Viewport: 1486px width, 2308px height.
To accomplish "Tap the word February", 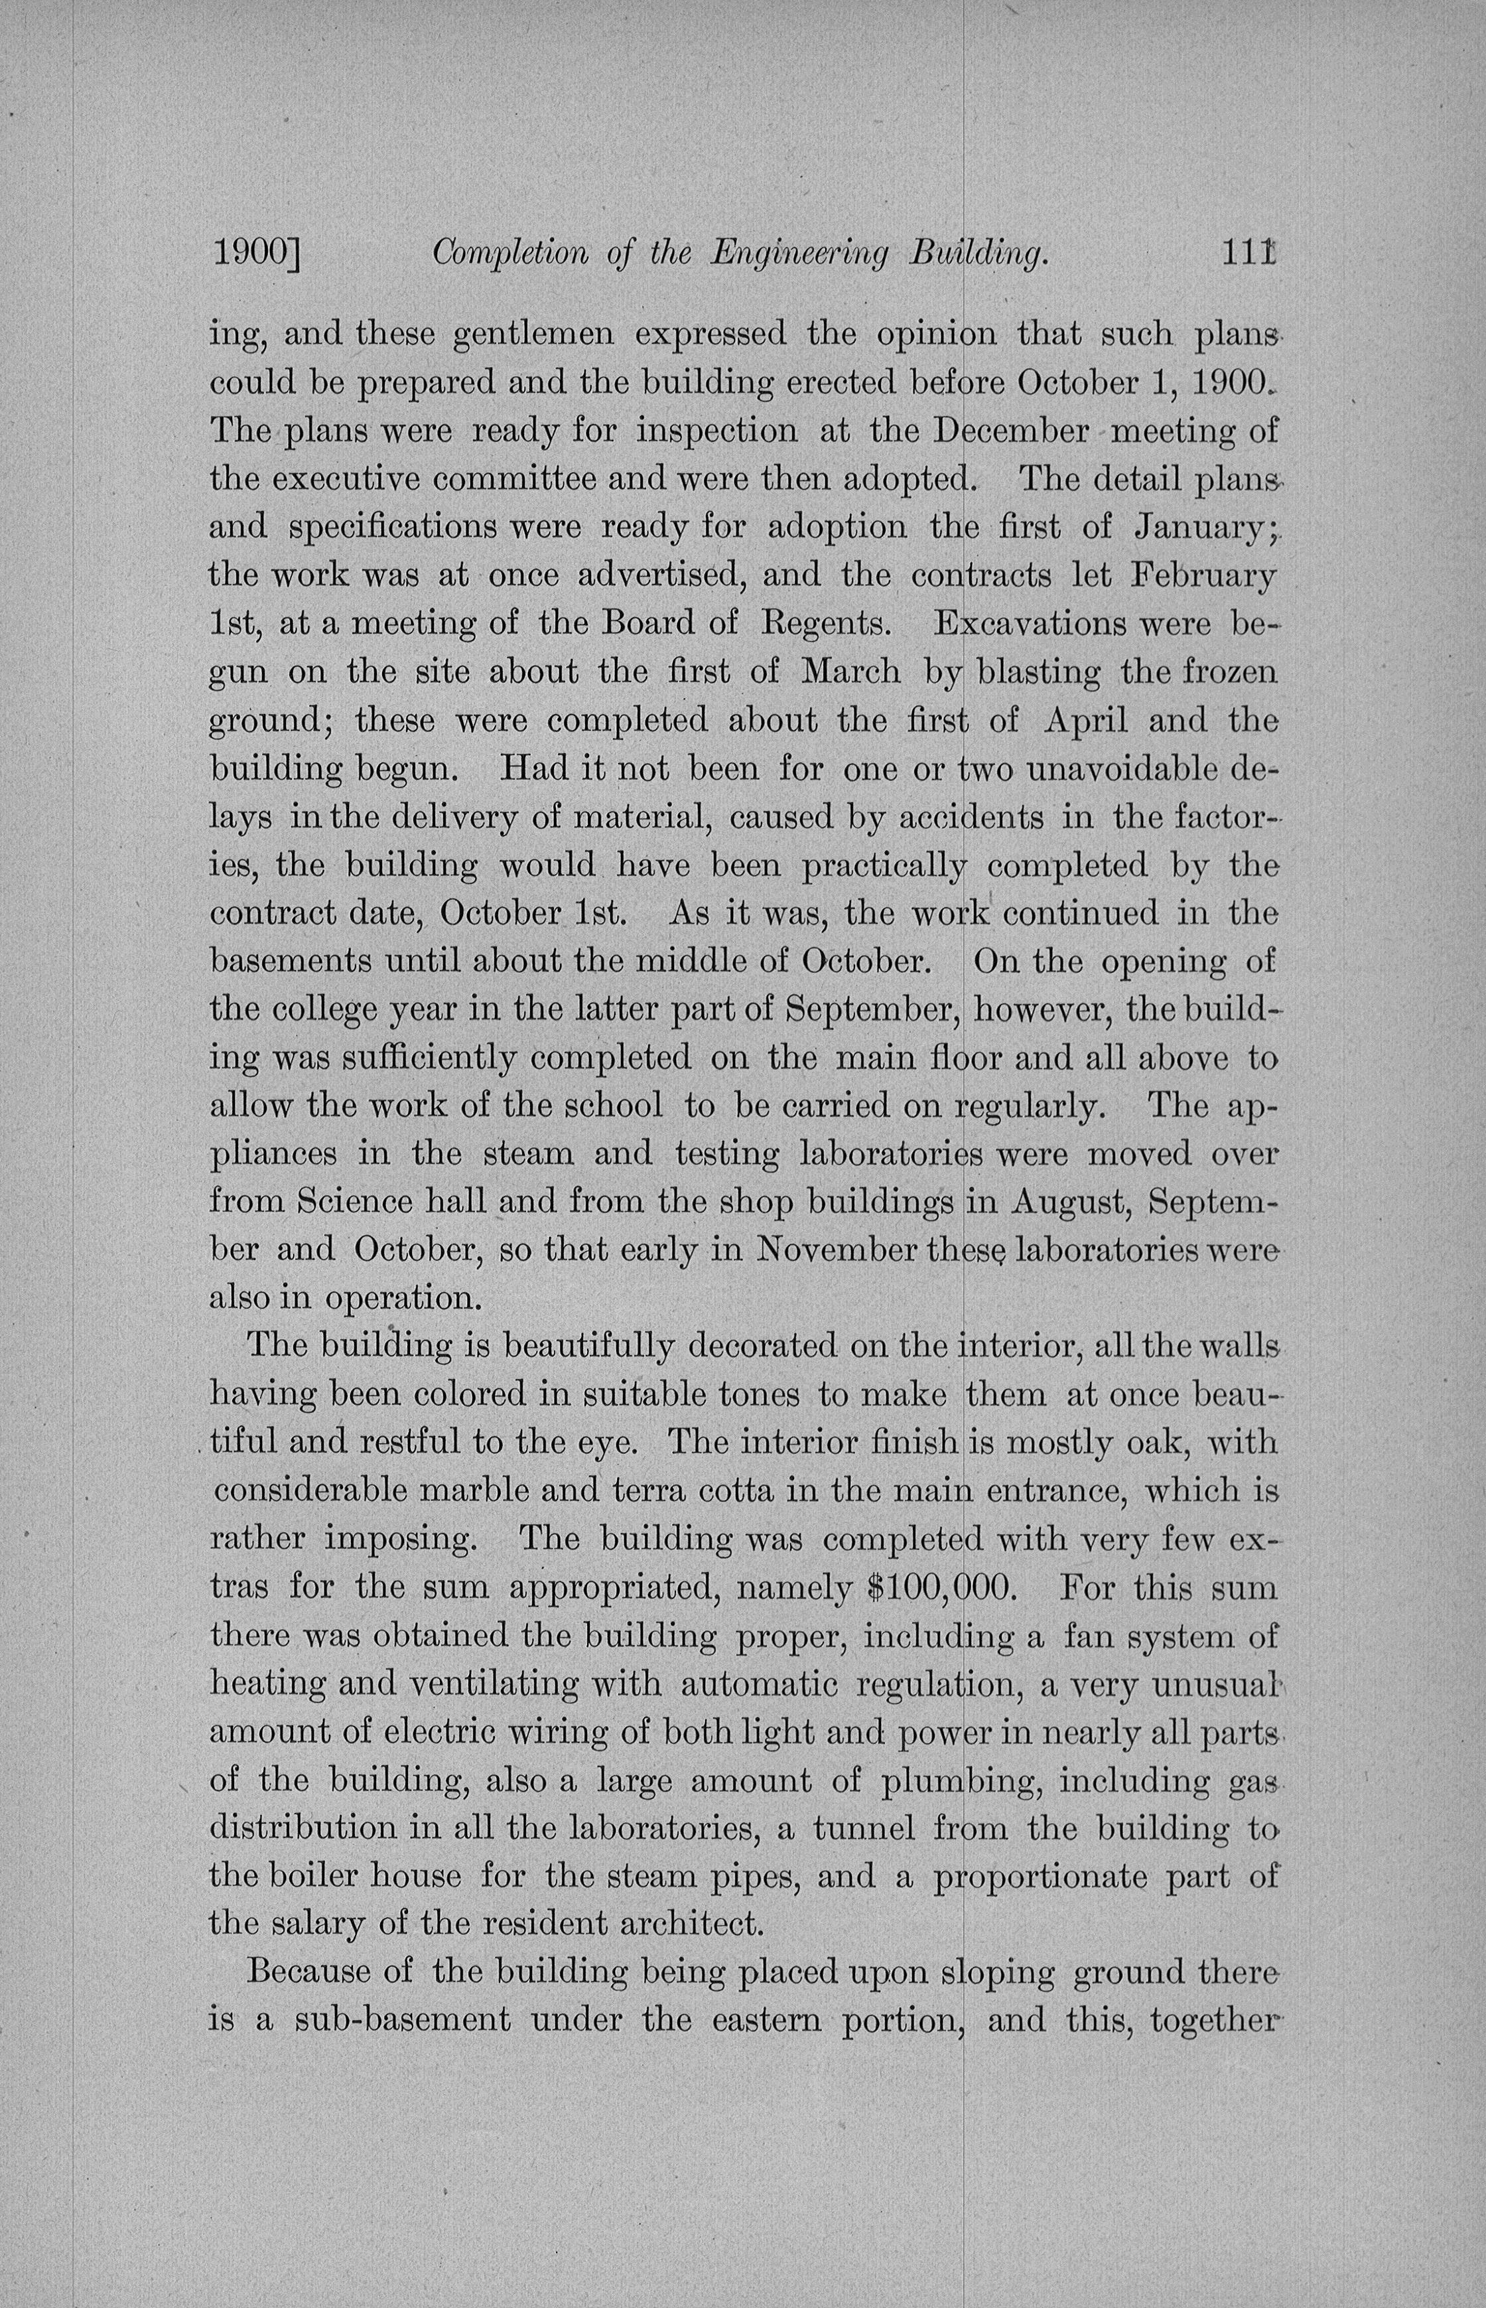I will point(1203,575).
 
